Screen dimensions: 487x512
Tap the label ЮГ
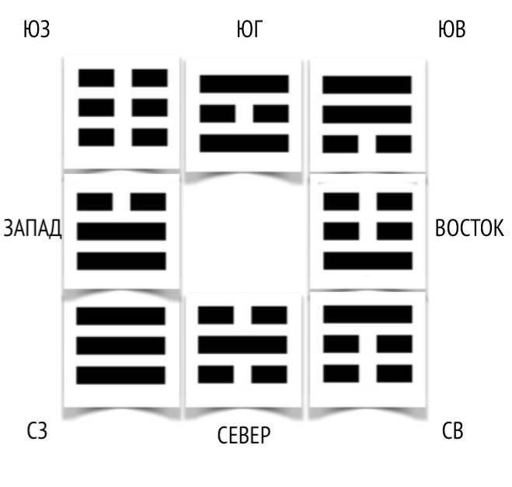pos(249,31)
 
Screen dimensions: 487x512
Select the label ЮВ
pos(452,32)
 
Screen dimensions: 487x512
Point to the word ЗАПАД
pos(32,230)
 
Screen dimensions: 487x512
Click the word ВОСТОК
pos(470,229)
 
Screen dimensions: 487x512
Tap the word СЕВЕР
pos(244,435)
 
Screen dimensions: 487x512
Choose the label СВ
pos(452,431)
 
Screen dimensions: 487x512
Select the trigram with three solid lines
pos(121,346)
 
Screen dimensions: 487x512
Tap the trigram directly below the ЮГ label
pos(244,113)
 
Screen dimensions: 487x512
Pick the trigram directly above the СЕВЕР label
pos(243,345)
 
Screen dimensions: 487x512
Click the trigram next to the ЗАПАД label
pos(121,231)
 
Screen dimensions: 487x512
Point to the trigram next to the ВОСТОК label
pos(367,231)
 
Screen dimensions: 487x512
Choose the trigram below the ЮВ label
pos(367,113)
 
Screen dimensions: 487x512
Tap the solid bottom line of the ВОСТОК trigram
pos(367,260)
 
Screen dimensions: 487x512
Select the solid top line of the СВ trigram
pos(367,315)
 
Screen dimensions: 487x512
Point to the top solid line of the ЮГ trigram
pos(244,84)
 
